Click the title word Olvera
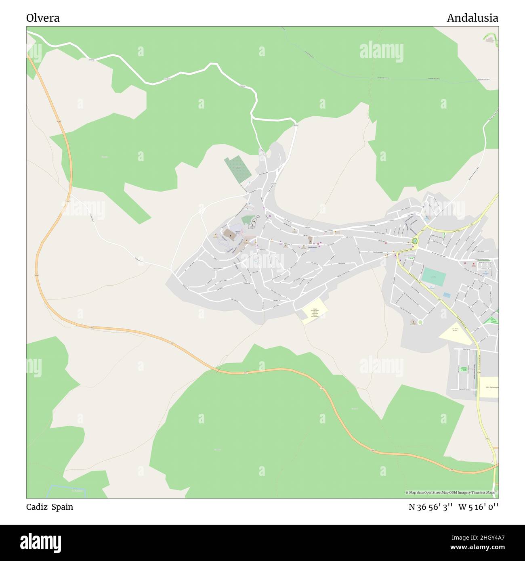coord(43,18)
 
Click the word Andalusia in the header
coord(472,18)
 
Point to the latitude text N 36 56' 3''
coord(430,507)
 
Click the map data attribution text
coord(450,492)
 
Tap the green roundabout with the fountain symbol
coord(414,241)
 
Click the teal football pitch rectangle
coord(434,277)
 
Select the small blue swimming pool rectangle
coord(447,295)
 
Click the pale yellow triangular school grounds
coord(455,333)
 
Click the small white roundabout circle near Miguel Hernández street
coord(420,322)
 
